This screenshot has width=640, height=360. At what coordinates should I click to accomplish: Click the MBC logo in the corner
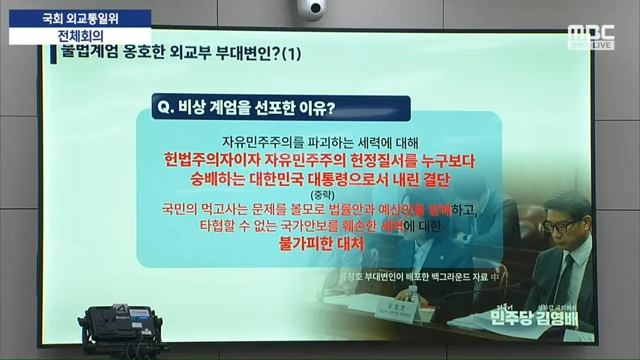[591, 33]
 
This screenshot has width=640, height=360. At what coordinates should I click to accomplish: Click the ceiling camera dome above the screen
[310, 9]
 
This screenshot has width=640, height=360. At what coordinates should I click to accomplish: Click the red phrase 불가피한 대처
[320, 244]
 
